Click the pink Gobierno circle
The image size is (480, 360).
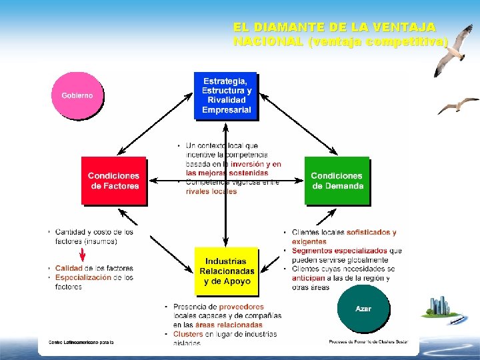point(77,95)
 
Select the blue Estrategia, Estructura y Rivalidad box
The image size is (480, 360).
point(226,95)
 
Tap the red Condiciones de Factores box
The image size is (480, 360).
point(115,181)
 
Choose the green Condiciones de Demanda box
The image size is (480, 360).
point(337,181)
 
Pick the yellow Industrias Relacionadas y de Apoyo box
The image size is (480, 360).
point(227,271)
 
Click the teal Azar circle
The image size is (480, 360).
point(363,309)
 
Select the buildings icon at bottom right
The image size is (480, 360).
point(441,307)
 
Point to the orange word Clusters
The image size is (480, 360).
point(188,334)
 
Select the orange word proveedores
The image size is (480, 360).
point(241,307)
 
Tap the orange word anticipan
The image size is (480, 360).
point(309,278)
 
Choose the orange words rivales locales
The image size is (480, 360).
point(211,191)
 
